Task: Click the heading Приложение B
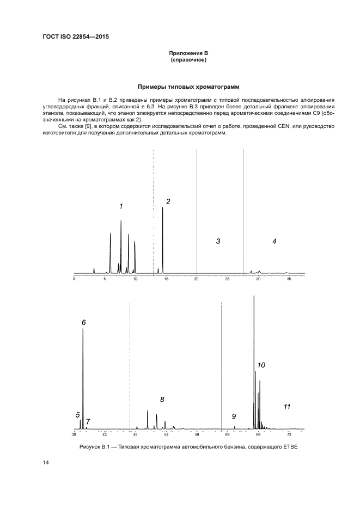pyautogui.click(x=188, y=53)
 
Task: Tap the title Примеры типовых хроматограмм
pyautogui.click(x=188, y=87)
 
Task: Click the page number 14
pyautogui.click(x=46, y=463)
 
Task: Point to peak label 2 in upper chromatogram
pyautogui.click(x=168, y=201)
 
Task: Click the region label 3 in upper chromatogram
pyautogui.click(x=218, y=241)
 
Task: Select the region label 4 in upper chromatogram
pyautogui.click(x=274, y=241)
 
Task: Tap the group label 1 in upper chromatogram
pyautogui.click(x=121, y=206)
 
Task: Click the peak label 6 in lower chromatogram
pyautogui.click(x=83, y=322)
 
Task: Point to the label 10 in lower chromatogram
pyautogui.click(x=261, y=365)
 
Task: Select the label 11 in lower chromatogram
pyautogui.click(x=287, y=406)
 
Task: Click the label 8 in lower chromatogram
pyautogui.click(x=162, y=399)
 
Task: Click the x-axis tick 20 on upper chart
pyautogui.click(x=197, y=278)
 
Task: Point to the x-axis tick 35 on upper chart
pyautogui.click(x=289, y=278)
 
